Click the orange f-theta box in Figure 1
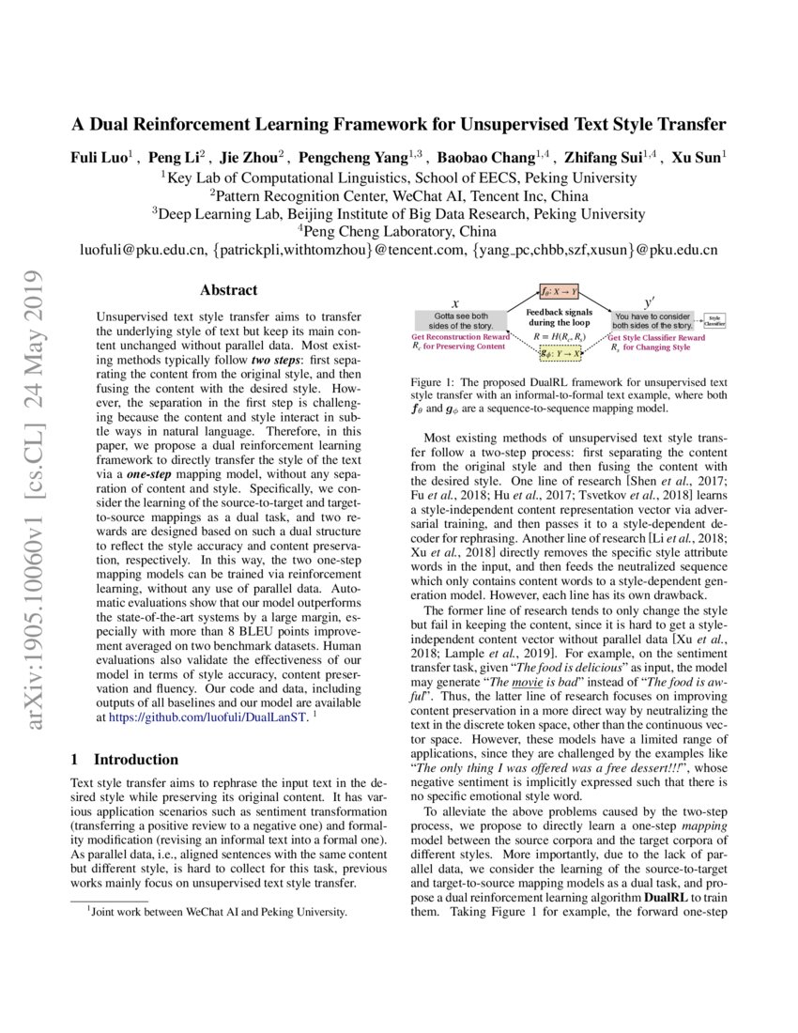[x=558, y=292]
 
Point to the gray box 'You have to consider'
[x=652, y=321]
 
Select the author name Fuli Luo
[x=104, y=158]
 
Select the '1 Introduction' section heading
[x=125, y=759]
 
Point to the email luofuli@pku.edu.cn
[x=144, y=250]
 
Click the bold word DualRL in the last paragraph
[x=669, y=895]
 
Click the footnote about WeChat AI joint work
[x=216, y=912]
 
